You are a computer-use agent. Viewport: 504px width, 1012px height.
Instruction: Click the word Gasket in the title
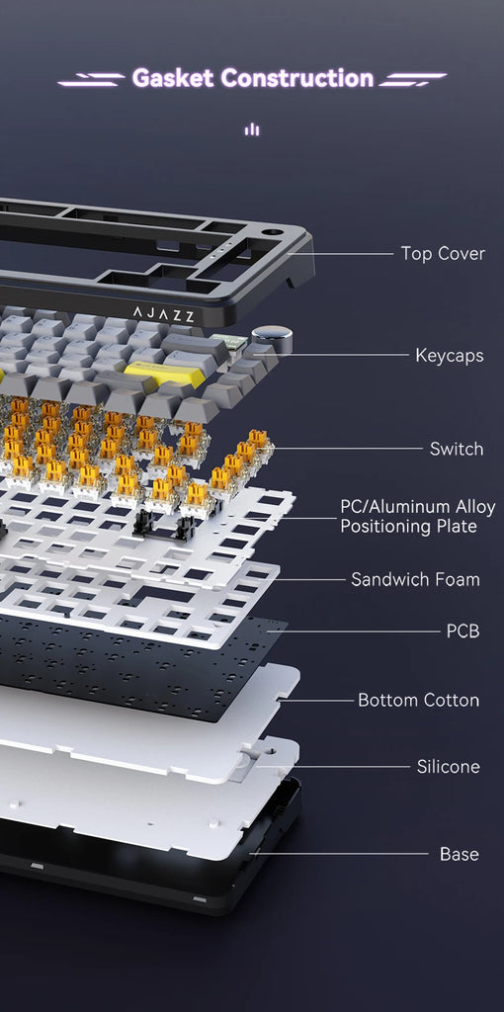coord(173,78)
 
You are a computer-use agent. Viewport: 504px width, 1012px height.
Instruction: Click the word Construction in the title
coord(296,78)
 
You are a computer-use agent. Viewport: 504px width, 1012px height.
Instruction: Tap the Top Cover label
coord(442,253)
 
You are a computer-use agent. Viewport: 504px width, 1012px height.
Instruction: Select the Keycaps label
coord(449,355)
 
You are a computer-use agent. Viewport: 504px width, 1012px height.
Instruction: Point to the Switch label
coord(457,449)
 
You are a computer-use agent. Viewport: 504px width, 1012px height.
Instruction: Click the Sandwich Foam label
coord(415,579)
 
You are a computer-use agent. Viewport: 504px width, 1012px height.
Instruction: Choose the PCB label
coord(462,631)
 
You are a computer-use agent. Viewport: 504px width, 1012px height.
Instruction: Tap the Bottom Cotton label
coord(418,701)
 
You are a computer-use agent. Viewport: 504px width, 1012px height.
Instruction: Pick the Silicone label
coord(448,767)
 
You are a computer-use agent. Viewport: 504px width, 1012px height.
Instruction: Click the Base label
coord(459,854)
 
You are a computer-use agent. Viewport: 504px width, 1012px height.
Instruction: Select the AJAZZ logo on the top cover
coord(163,314)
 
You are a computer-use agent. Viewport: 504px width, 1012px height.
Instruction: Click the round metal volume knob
coord(271,339)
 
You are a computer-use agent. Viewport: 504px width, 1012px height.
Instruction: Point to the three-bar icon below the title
coord(252,129)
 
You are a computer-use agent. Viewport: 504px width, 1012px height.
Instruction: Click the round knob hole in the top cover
coord(272,230)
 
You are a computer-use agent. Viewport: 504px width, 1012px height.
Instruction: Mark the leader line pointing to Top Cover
coord(340,254)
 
